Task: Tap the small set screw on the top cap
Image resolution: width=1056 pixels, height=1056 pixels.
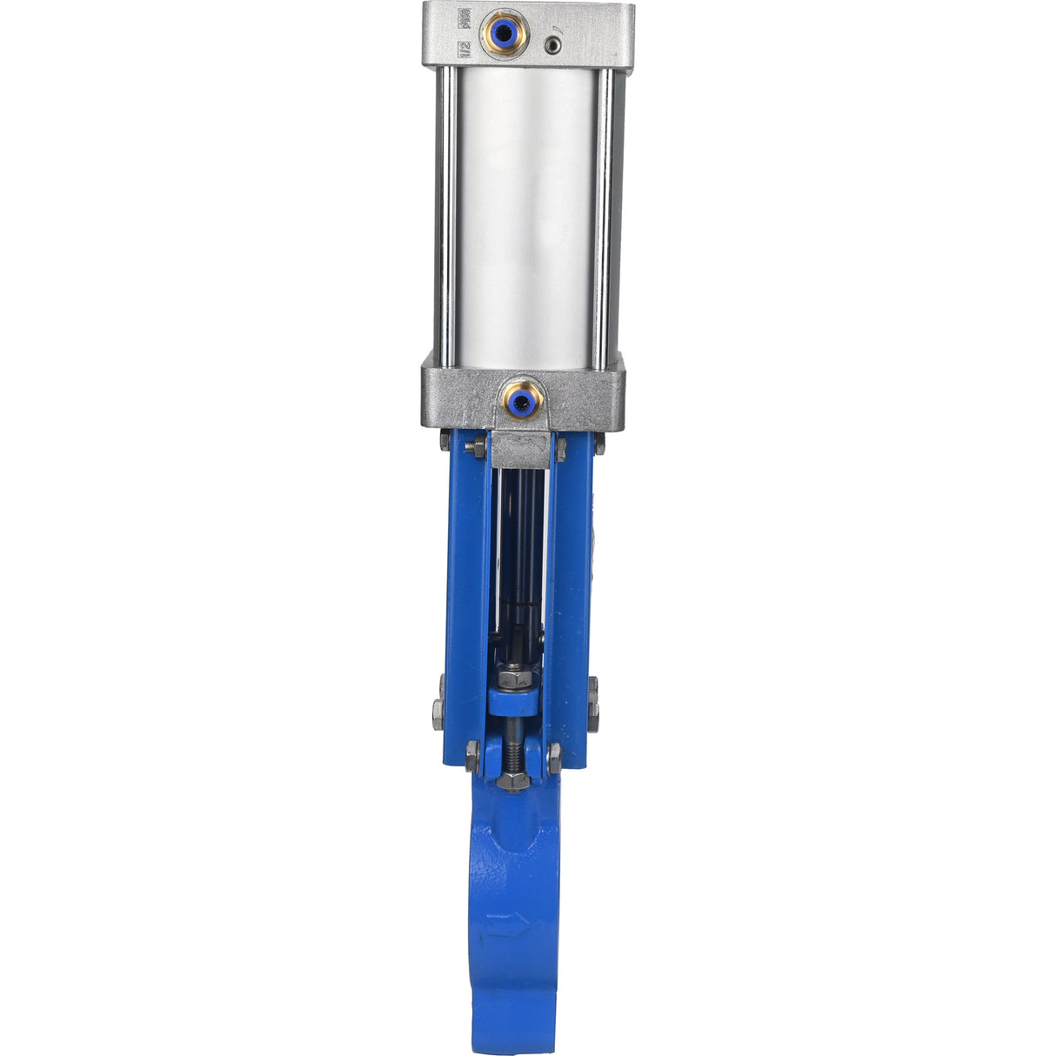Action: click(x=551, y=44)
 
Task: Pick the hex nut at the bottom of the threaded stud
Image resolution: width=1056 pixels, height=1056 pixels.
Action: click(x=512, y=779)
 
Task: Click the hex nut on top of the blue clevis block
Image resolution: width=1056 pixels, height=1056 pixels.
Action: click(x=512, y=676)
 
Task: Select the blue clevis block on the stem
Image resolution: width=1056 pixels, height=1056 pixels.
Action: click(x=512, y=699)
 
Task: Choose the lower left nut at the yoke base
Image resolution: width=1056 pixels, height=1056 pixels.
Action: click(x=472, y=755)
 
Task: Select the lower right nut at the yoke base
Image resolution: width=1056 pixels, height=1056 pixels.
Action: click(x=554, y=755)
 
